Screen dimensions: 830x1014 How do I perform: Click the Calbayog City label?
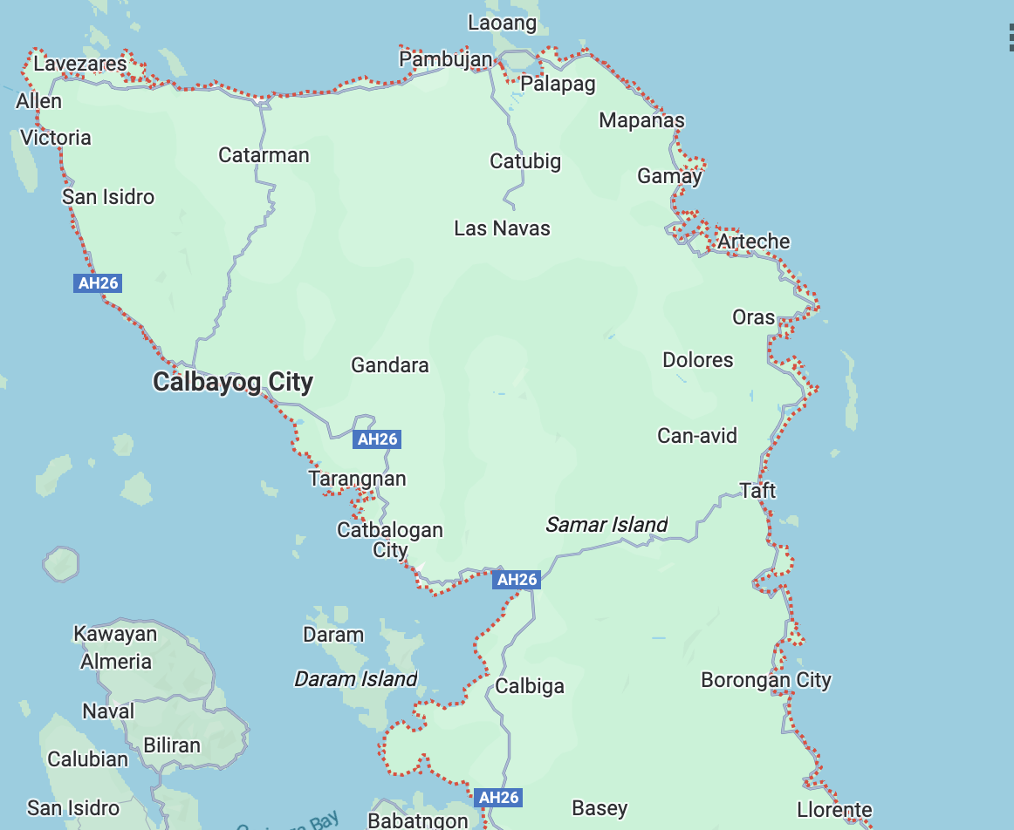(x=232, y=382)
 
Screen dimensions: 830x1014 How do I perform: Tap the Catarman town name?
(x=264, y=155)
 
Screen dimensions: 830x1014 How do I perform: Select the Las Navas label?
(x=502, y=228)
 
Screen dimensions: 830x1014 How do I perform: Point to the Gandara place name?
(x=389, y=365)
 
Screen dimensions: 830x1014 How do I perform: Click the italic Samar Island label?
(x=606, y=525)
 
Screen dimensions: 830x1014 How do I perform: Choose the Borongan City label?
(x=766, y=680)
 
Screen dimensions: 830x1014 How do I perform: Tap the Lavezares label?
(x=80, y=64)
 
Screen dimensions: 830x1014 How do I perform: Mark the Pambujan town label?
(x=446, y=59)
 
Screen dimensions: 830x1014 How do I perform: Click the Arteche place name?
(x=753, y=242)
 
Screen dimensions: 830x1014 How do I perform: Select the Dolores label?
(x=698, y=360)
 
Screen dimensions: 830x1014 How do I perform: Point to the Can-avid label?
(x=697, y=435)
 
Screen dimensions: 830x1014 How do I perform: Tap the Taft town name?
(x=757, y=491)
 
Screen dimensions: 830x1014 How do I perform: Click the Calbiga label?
(x=530, y=686)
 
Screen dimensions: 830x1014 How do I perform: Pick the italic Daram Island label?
(x=356, y=679)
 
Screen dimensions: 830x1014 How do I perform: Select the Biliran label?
(x=172, y=745)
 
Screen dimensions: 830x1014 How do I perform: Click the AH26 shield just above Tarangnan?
(x=378, y=439)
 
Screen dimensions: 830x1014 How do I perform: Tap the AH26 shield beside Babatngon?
(x=499, y=797)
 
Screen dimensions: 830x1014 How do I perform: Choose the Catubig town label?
(x=525, y=161)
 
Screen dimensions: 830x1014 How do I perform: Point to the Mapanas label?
(x=641, y=120)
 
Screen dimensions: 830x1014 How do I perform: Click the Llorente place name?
(x=834, y=810)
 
